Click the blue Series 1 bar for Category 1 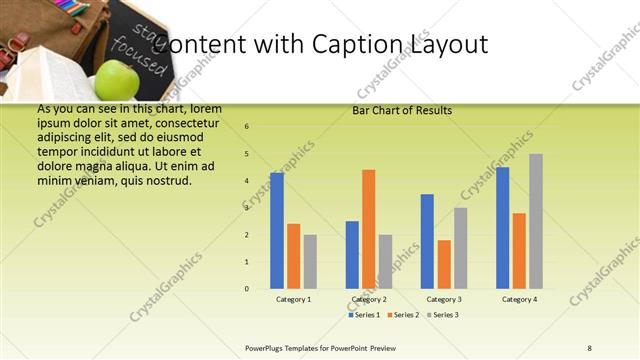pyautogui.click(x=277, y=230)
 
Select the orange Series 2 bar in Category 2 pyautogui.click(x=368, y=229)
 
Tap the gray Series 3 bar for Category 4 pyautogui.click(x=536, y=221)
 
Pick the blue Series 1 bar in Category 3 pyautogui.click(x=427, y=241)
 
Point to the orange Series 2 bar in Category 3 pyautogui.click(x=444, y=264)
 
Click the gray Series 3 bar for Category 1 pyautogui.click(x=310, y=262)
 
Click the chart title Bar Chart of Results pyautogui.click(x=402, y=110)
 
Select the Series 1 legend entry pyautogui.click(x=364, y=315)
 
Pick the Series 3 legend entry pyautogui.click(x=443, y=315)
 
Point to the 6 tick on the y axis pyautogui.click(x=247, y=127)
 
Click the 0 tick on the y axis pyautogui.click(x=247, y=289)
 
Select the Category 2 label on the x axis pyautogui.click(x=369, y=299)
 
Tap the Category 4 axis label pyautogui.click(x=519, y=299)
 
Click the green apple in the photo pyautogui.click(x=117, y=80)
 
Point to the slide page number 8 pyautogui.click(x=589, y=348)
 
